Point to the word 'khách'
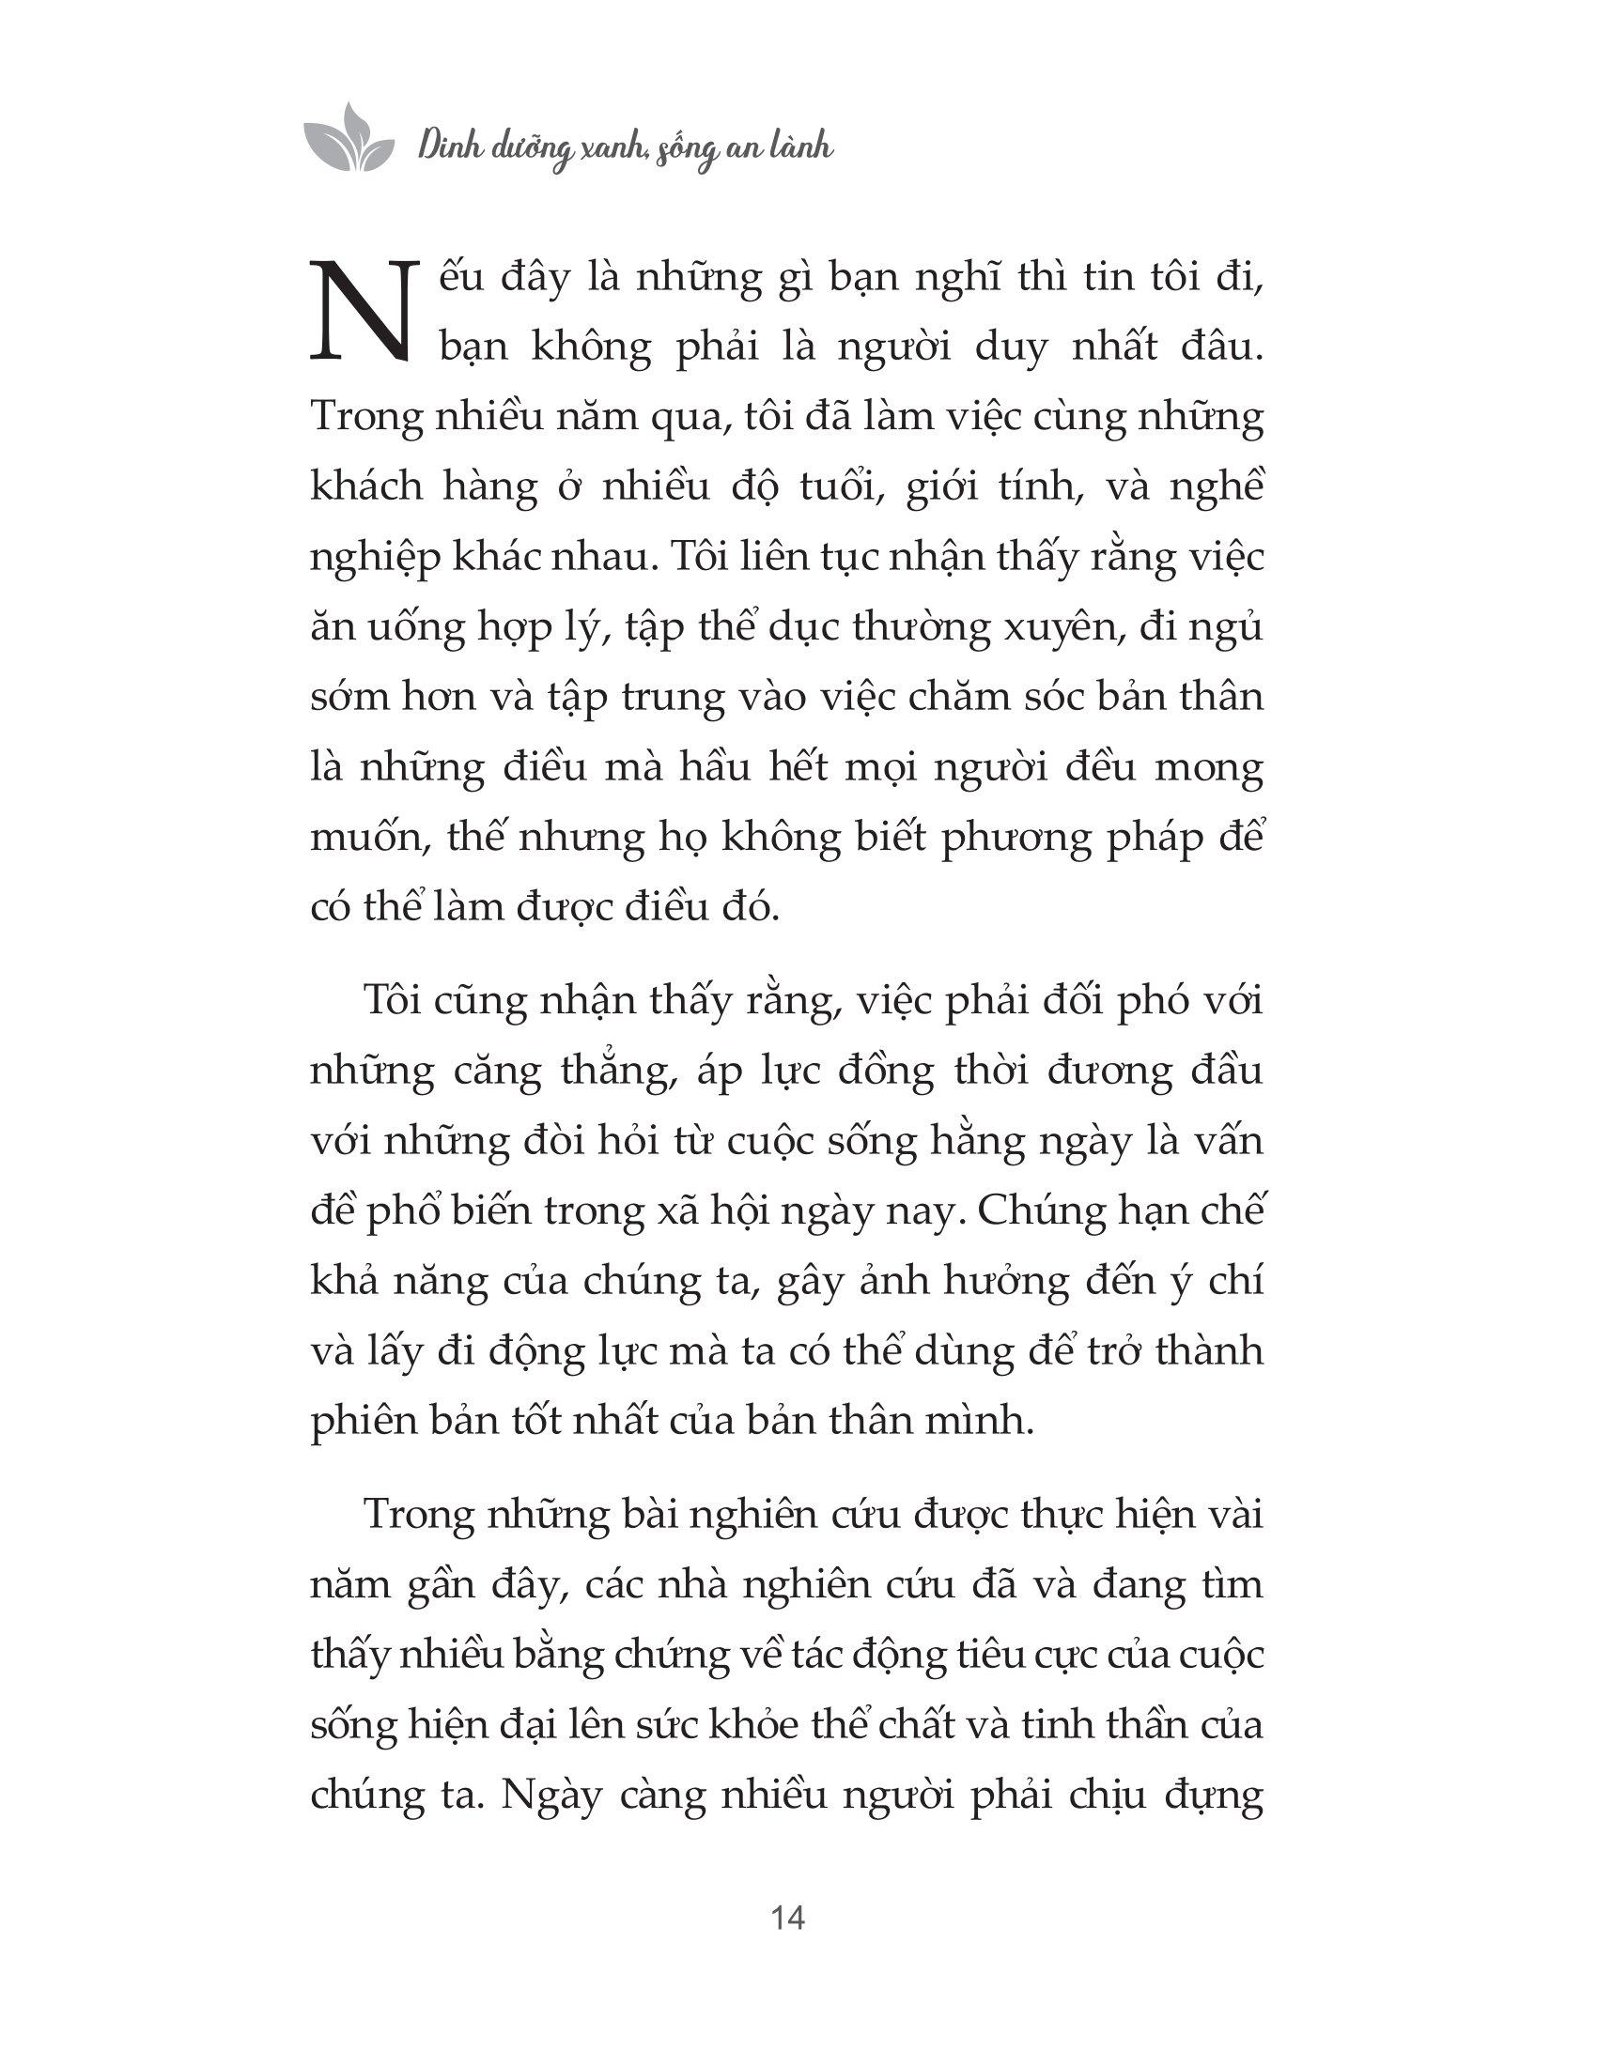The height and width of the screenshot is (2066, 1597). (367, 487)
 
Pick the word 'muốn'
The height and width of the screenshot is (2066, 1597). (361, 838)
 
